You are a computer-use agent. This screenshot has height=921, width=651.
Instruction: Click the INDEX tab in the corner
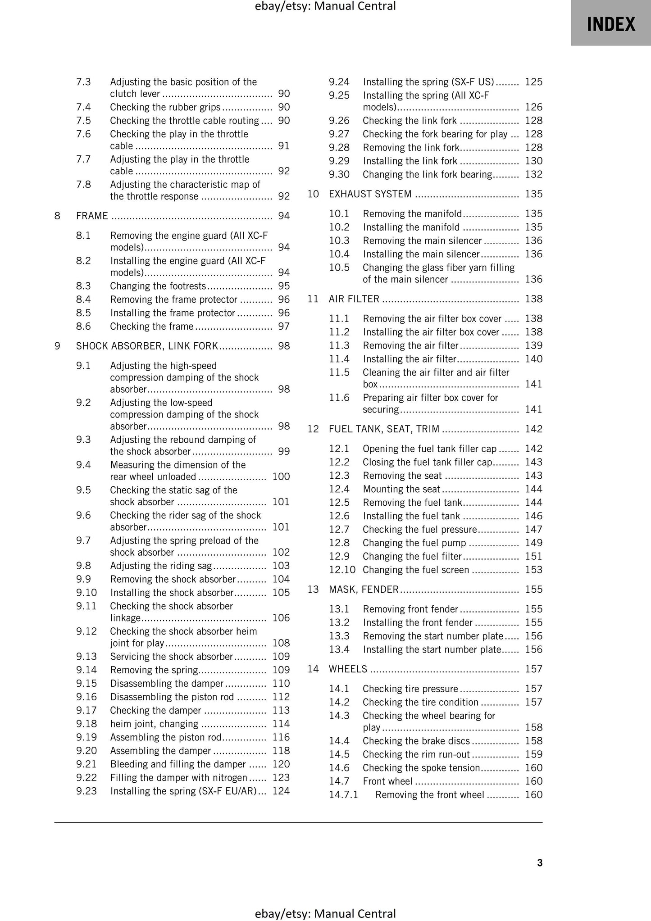tap(610, 23)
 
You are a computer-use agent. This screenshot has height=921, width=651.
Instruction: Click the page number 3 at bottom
tap(540, 862)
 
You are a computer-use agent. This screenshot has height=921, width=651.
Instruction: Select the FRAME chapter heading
tap(92, 216)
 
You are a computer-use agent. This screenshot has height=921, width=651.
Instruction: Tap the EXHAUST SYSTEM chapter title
tap(370, 194)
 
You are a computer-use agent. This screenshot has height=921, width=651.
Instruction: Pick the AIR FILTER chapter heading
tap(354, 299)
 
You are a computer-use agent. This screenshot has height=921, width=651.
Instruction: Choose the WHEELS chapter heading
tap(348, 669)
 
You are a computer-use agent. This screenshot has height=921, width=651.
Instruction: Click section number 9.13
tap(86, 657)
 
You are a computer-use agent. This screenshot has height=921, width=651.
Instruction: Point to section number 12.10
tap(342, 570)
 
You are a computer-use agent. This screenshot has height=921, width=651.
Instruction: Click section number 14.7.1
tap(343, 794)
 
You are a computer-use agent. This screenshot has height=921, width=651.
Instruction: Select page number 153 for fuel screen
tap(533, 570)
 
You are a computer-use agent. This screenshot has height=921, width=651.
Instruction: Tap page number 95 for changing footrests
tap(284, 286)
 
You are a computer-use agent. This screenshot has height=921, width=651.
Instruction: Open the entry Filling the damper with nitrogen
tap(178, 777)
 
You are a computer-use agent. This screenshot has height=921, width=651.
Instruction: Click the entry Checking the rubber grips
tap(165, 107)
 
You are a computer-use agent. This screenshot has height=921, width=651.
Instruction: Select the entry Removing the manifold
tap(412, 214)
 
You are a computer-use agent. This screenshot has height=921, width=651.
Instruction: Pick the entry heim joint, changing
tap(154, 724)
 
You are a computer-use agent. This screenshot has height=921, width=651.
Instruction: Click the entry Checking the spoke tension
tap(421, 768)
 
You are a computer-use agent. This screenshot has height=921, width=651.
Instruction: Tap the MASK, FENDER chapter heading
tap(364, 590)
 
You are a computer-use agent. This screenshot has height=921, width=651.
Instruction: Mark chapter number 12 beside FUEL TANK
tap(313, 429)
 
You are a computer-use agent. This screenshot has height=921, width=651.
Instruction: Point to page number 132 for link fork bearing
tap(533, 174)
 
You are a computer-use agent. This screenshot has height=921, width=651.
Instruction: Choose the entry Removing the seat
tap(402, 476)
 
